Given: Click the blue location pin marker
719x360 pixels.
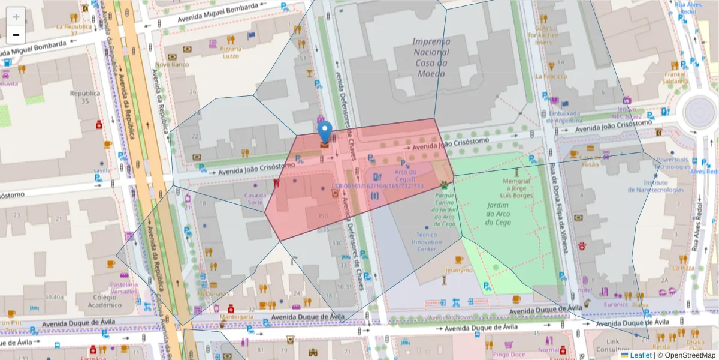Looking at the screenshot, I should pos(324,132).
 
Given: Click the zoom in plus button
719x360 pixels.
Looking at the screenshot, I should pos(16,16).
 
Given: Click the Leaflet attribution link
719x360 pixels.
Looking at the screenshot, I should pos(640,355).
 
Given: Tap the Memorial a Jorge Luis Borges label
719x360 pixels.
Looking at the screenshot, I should pos(516,188).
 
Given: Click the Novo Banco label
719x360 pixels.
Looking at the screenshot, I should pos(172,64).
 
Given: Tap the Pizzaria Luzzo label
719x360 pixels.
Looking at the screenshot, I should pos(230,52).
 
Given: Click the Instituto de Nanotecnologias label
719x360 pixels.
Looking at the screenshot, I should pos(655,186).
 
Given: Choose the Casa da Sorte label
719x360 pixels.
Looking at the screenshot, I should pos(255,198).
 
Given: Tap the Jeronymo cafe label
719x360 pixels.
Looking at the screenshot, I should pos(458,270).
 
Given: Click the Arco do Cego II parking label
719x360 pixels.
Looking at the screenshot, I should pos(405,175).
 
